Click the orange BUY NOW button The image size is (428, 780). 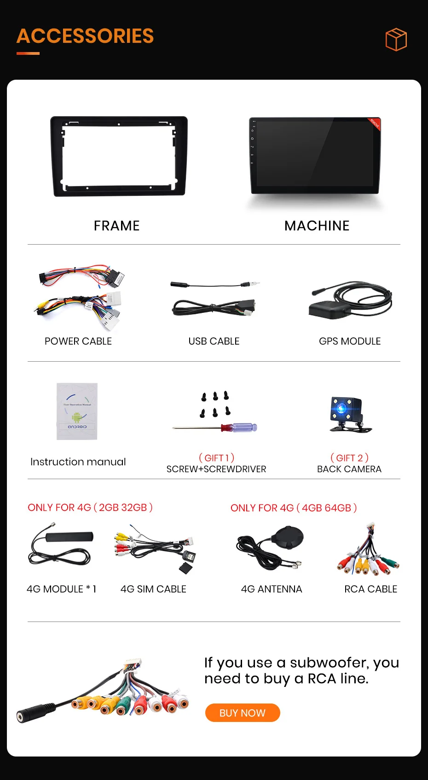click(243, 713)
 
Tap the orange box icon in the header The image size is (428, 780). click(396, 40)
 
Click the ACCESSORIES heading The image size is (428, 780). click(85, 36)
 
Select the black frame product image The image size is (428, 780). click(119, 156)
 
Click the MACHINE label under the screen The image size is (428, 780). click(317, 226)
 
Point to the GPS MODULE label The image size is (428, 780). click(350, 341)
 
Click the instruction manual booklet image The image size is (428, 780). click(77, 411)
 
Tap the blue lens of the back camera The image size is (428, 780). click(341, 408)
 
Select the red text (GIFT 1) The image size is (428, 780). click(216, 457)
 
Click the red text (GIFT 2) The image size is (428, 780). click(349, 457)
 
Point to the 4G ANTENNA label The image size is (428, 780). click(272, 589)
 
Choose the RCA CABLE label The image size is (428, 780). click(370, 589)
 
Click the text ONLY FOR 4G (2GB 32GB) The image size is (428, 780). click(90, 508)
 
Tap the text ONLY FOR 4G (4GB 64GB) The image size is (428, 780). click(294, 508)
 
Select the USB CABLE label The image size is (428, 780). click(214, 341)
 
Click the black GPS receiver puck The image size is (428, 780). click(328, 311)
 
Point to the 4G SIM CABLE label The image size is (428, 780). click(153, 589)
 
